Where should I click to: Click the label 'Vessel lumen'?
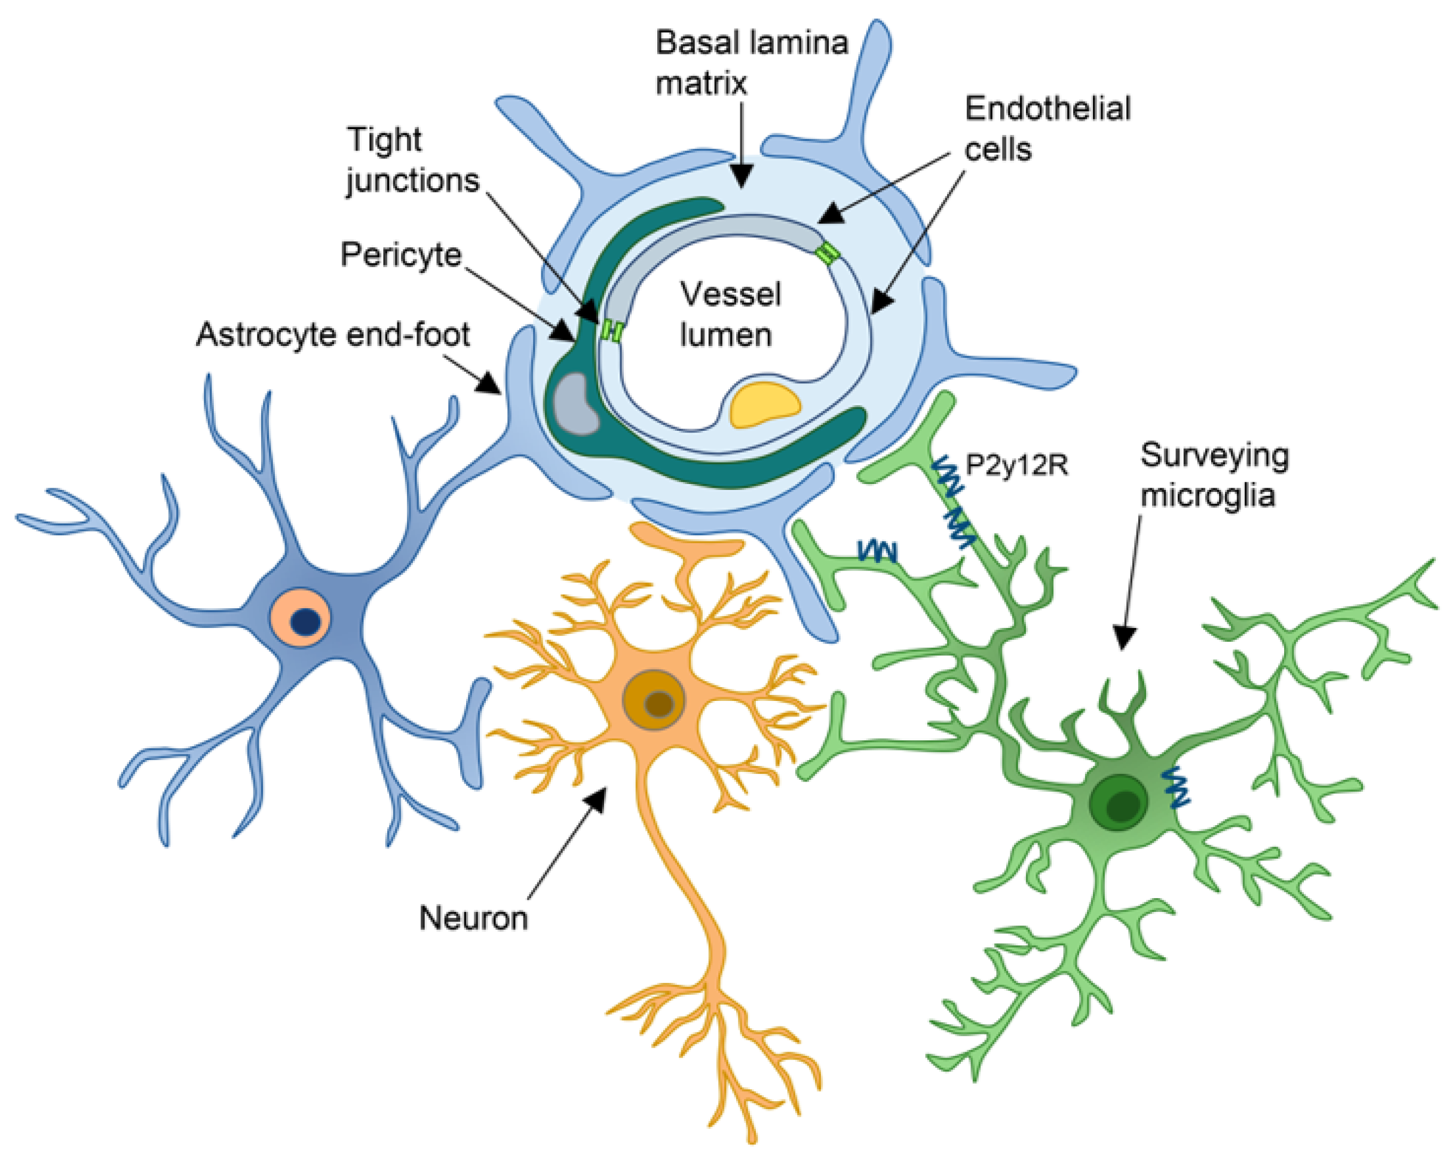pyautogui.click(x=729, y=314)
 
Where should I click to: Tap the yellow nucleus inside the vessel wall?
pyautogui.click(x=765, y=403)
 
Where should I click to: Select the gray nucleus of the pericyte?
pyautogui.click(x=575, y=403)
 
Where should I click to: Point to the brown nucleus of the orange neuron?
pyautogui.click(x=658, y=704)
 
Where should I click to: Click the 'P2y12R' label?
pyautogui.click(x=1016, y=465)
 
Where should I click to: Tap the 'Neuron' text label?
pyautogui.click(x=473, y=918)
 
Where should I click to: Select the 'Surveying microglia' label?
pyautogui.click(x=1214, y=475)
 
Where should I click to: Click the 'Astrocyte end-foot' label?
pyautogui.click(x=333, y=335)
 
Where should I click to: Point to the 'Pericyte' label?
pyautogui.click(x=401, y=255)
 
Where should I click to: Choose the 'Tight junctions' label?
pyautogui.click(x=412, y=160)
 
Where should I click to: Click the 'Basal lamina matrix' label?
pyautogui.click(x=751, y=63)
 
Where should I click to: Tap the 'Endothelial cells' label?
pyautogui.click(x=1047, y=128)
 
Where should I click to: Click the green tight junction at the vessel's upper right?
pyautogui.click(x=827, y=254)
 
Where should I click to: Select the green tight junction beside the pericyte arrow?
pyautogui.click(x=611, y=330)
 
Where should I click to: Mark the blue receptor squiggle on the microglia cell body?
pyautogui.click(x=1177, y=786)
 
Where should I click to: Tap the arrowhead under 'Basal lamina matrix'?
pyautogui.click(x=742, y=179)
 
